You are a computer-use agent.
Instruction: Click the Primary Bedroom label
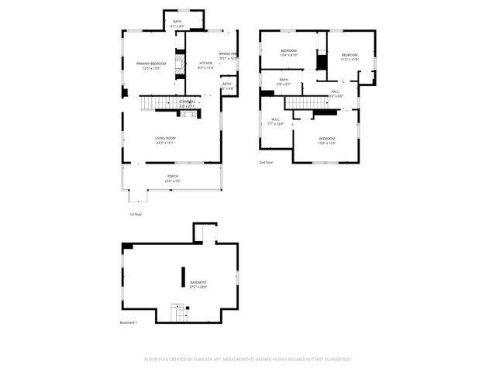[x=148, y=64]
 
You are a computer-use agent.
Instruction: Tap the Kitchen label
[x=205, y=64]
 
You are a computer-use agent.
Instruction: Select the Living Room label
[x=165, y=138]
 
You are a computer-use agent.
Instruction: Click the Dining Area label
[x=228, y=53]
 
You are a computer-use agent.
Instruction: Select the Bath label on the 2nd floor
[x=284, y=79]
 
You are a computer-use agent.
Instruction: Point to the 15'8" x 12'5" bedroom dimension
[x=326, y=143]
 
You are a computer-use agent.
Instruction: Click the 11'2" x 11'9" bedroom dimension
[x=350, y=60]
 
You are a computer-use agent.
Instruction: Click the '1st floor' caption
[x=136, y=214]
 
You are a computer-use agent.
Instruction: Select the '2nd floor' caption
[x=267, y=163]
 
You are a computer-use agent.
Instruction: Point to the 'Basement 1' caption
[x=128, y=322]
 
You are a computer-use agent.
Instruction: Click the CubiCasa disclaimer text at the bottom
[x=248, y=360]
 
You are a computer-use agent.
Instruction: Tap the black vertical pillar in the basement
[x=184, y=277]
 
